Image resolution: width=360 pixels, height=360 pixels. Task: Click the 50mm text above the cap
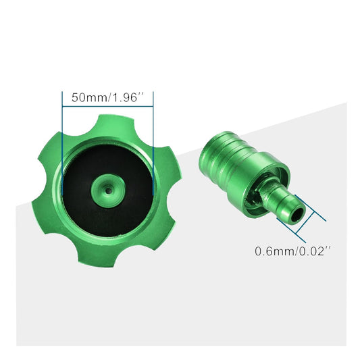pyautogui.click(x=87, y=97)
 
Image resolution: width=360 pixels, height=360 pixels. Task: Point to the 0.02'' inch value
pyautogui.click(x=313, y=251)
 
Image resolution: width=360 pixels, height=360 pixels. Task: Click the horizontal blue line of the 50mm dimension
pyautogui.click(x=107, y=106)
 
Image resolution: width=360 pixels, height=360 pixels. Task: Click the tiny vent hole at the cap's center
pyautogui.click(x=107, y=190)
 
